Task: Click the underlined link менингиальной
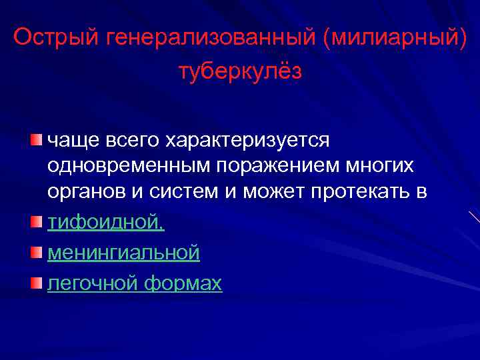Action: pos(123,253)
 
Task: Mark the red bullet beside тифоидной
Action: pos(35,221)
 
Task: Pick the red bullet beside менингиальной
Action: pos(35,251)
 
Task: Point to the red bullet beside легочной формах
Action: pos(35,282)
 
